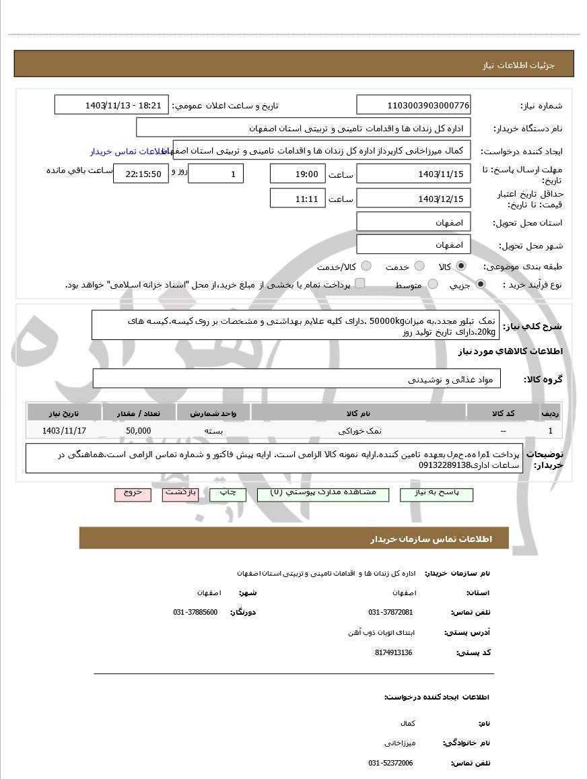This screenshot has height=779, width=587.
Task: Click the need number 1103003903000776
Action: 413,105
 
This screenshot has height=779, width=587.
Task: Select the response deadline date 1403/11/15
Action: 413,174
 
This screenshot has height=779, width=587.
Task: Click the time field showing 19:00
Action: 297,174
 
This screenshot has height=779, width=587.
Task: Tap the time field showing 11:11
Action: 297,199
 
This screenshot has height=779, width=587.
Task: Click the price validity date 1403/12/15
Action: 413,199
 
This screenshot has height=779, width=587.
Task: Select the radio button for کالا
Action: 461,266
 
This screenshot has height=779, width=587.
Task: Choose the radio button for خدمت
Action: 419,266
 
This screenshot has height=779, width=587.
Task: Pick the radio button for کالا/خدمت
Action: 367,266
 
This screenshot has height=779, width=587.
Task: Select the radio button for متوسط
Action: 433,284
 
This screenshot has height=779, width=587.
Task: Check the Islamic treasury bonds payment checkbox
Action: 360,283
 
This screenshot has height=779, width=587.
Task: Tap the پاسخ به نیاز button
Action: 436,494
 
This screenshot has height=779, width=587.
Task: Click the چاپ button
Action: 228,494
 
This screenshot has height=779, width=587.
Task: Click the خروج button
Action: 133,494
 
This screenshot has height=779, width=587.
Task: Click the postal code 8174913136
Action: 393,652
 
